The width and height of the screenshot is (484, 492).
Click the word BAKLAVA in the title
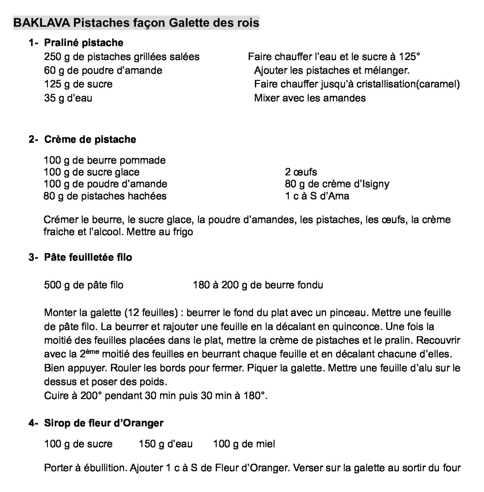[x=42, y=23]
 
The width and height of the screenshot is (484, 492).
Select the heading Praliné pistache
[x=83, y=43]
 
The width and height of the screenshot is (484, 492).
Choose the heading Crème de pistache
[x=90, y=140]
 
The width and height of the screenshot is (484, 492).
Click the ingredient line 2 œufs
[x=301, y=172]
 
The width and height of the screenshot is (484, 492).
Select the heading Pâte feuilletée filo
[x=88, y=257]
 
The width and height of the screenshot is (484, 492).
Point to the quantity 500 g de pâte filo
[x=83, y=285]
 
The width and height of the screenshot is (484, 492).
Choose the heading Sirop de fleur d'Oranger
[x=104, y=423]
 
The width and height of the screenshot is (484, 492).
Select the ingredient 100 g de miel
[x=244, y=444]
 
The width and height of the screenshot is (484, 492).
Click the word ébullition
[x=104, y=468]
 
